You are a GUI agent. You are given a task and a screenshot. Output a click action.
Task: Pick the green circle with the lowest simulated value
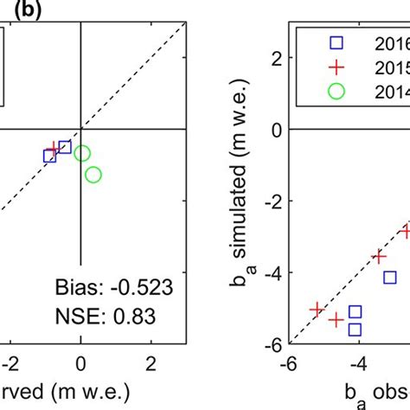[x=93, y=175]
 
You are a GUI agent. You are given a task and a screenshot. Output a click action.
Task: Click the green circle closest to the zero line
[x=82, y=153]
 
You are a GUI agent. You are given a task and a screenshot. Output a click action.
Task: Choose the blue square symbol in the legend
[x=317, y=42]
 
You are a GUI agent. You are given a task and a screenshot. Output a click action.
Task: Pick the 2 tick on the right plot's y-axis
[x=274, y=58]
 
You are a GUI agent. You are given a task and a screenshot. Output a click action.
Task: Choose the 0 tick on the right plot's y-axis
[x=274, y=130]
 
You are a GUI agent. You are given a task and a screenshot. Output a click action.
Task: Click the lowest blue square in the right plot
[x=356, y=329]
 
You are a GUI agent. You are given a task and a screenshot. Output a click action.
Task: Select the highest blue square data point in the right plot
[x=390, y=277]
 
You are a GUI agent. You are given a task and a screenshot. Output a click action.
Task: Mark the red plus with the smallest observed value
[x=317, y=309]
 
